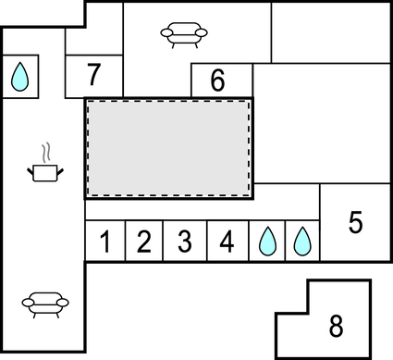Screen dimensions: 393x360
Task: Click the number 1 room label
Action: pos(105,242)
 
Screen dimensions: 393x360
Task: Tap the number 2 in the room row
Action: pos(143,242)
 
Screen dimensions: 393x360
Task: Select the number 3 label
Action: pos(184,242)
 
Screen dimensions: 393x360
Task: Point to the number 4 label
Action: pos(227,242)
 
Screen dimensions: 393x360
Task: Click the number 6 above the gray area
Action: pos(218,81)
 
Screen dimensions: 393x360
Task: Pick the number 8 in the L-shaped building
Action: pos(336,326)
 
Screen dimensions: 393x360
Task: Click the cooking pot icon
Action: pos(43,170)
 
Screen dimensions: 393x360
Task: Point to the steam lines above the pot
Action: pos(43,151)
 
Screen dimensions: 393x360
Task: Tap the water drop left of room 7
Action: pos(18,78)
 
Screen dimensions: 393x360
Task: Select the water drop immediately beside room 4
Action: pos(267,242)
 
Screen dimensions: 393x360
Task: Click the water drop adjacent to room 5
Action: pos(301,242)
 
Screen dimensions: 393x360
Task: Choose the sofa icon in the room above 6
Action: pos(183,34)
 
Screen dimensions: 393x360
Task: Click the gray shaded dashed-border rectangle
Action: pos(169,147)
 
